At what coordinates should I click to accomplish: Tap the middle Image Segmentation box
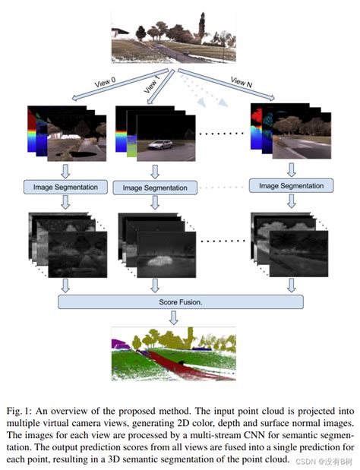[155, 187]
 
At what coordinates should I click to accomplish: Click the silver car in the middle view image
[159, 144]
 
